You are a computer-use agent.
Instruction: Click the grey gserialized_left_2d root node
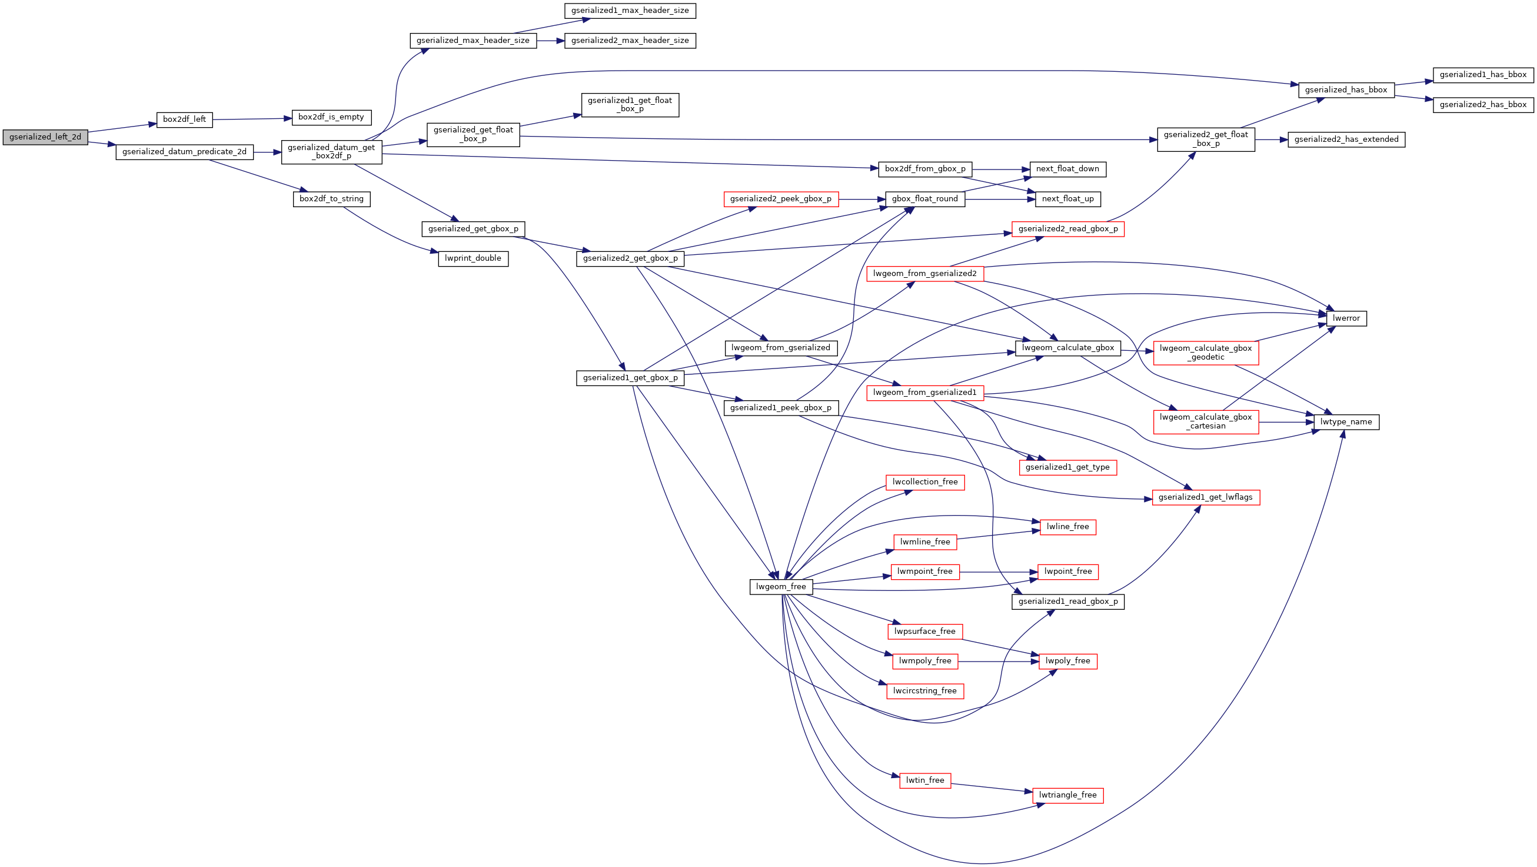click(x=45, y=137)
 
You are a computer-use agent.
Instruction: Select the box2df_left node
click(x=184, y=119)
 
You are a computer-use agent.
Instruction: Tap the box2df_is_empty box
click(x=331, y=117)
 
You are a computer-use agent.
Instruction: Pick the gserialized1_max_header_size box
click(x=630, y=11)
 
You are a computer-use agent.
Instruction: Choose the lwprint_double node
click(x=473, y=258)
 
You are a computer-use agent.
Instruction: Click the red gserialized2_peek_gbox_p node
click(x=780, y=199)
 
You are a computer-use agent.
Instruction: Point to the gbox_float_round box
click(x=925, y=199)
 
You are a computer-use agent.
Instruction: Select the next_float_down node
click(x=1067, y=169)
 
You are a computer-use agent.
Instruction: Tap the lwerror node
click(x=1346, y=318)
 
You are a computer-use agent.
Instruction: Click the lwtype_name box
click(x=1346, y=422)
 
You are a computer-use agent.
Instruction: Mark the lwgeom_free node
click(x=780, y=587)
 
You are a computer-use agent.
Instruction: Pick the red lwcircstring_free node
click(x=925, y=691)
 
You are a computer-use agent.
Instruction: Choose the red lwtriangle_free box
click(x=1067, y=795)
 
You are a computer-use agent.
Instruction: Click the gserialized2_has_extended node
click(x=1346, y=139)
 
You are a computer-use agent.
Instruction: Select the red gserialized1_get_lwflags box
click(x=1205, y=497)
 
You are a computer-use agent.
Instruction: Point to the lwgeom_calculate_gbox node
click(x=1067, y=348)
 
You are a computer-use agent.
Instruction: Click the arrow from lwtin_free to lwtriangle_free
click(x=990, y=788)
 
